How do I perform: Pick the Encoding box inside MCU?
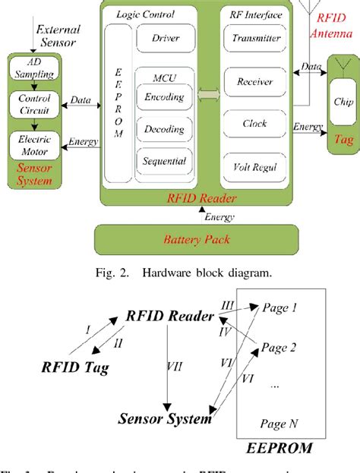(x=166, y=98)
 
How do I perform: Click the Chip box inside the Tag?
(x=342, y=101)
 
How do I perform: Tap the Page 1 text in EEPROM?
(x=279, y=308)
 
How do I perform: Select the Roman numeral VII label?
(x=174, y=366)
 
